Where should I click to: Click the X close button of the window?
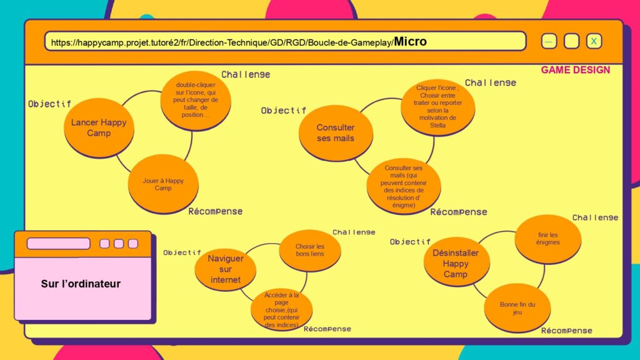pos(594,41)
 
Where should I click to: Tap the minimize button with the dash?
pos(549,41)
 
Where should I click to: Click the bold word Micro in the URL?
pos(410,41)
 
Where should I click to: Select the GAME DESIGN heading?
pos(576,70)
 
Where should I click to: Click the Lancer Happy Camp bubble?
pos(99,127)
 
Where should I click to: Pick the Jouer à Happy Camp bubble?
pos(163,184)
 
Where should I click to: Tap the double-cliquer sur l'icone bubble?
pos(196,101)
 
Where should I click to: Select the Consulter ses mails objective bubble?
pos(336,133)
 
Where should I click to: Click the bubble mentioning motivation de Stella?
pos(437,107)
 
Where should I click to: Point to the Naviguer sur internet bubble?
pos(225,269)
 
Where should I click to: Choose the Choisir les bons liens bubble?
pos(310,250)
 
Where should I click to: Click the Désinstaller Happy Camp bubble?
pos(456,262)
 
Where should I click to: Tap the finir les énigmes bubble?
pos(547,239)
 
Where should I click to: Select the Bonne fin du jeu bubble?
pos(517,308)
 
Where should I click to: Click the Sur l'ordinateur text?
pos(81,284)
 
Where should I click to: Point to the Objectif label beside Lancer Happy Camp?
pos(49,104)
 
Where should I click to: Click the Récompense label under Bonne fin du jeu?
pos(566,331)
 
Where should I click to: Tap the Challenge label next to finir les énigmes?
pos(595,217)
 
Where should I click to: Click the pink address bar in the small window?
pos(58,243)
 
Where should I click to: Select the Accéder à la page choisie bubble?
pos(281,309)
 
